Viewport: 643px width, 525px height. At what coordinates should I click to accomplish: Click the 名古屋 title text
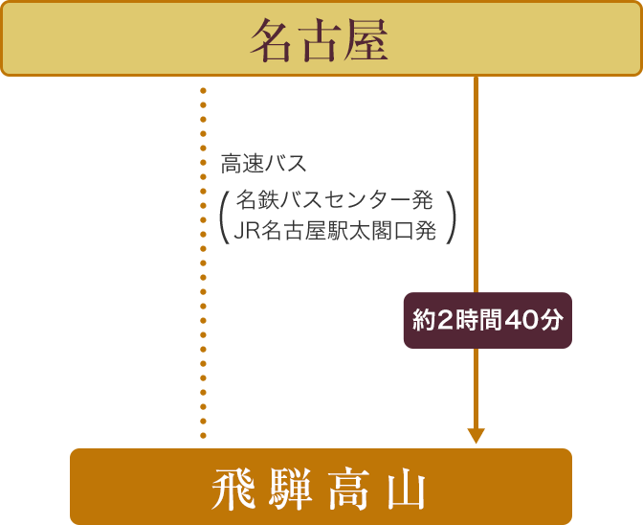click(x=319, y=40)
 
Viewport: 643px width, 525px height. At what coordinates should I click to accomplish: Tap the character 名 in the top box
click(x=272, y=40)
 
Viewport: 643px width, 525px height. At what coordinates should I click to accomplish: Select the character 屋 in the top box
click(x=366, y=40)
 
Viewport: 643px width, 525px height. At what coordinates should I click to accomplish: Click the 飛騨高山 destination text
click(x=319, y=489)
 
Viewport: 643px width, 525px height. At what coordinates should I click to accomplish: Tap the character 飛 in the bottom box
click(x=233, y=489)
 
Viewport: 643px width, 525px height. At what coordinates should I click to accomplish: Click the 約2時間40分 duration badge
click(x=488, y=321)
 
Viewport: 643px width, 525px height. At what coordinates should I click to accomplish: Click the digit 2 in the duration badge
click(x=445, y=321)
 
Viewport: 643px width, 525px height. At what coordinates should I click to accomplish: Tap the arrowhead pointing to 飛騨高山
click(x=477, y=436)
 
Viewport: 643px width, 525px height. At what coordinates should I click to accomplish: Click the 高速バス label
click(x=264, y=164)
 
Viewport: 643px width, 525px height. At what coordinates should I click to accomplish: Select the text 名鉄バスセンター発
click(x=334, y=200)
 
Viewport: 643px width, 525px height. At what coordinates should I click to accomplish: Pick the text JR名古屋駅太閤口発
click(x=335, y=230)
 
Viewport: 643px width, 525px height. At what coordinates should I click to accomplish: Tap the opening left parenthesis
click(x=224, y=217)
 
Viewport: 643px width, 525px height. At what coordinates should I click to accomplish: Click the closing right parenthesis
click(x=451, y=217)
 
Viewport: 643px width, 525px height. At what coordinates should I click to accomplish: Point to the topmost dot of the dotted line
click(x=203, y=91)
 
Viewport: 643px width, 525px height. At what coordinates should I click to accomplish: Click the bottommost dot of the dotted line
click(x=203, y=436)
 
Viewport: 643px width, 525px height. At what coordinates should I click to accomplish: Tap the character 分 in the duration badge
click(x=552, y=321)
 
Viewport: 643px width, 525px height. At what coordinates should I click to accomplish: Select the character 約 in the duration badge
click(x=424, y=321)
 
